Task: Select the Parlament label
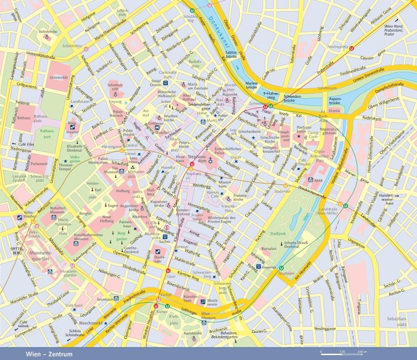(39, 164)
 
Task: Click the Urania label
(334, 111)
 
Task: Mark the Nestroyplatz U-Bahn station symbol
(352, 48)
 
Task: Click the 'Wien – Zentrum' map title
(49, 353)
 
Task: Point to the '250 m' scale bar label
(362, 352)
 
